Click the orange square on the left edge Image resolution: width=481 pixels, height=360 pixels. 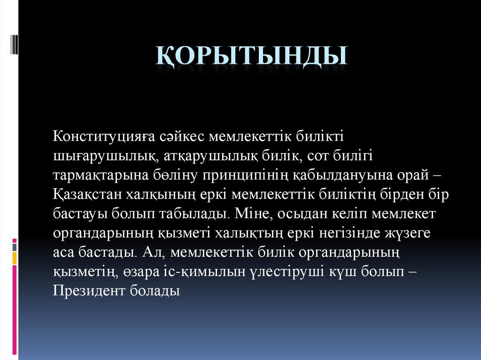pos(15,258)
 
